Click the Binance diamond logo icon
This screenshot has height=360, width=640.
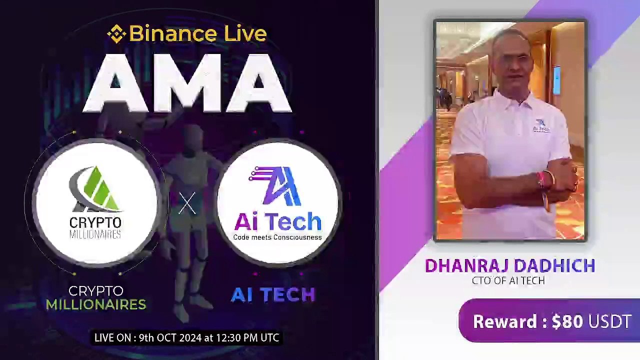(x=116, y=34)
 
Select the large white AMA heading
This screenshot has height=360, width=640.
(x=187, y=83)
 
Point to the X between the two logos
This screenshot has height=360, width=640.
(x=187, y=204)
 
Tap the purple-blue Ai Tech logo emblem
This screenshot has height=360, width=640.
(x=276, y=186)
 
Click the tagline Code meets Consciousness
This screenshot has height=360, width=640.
(x=277, y=237)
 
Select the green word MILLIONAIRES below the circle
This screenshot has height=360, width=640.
(x=96, y=304)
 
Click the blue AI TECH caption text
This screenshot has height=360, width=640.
(x=273, y=295)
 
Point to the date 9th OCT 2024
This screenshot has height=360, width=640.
(x=172, y=338)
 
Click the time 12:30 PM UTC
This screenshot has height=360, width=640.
(x=248, y=338)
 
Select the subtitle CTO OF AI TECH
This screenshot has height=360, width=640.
(x=508, y=280)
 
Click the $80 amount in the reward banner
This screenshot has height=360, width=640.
(x=567, y=321)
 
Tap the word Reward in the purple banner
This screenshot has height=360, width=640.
(x=505, y=321)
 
